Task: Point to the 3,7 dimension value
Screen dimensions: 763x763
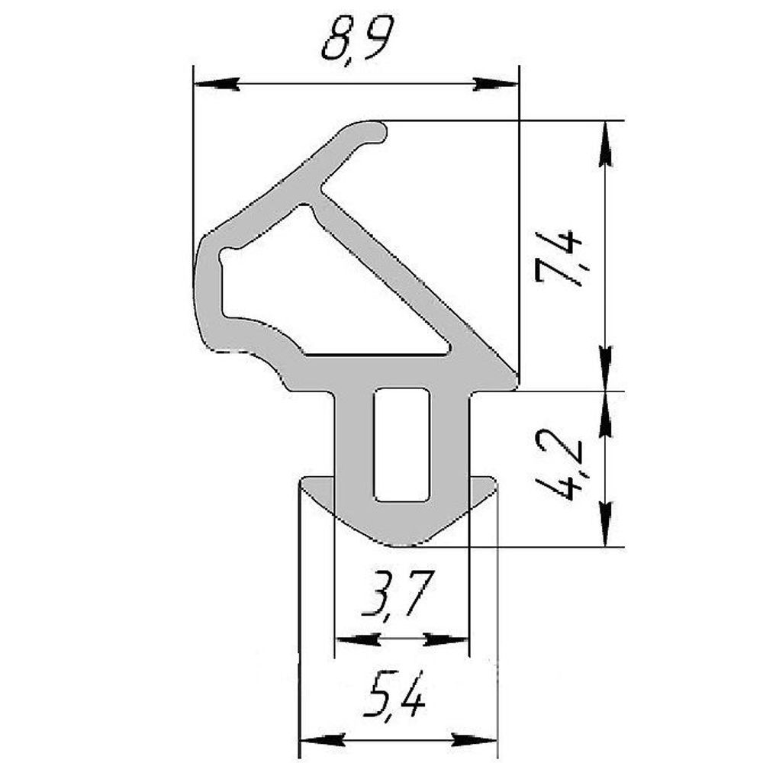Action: (399, 597)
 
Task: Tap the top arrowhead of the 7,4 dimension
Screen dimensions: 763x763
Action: (606, 142)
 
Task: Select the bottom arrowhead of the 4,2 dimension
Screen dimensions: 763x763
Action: (606, 526)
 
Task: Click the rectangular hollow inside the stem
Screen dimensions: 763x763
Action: (401, 445)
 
